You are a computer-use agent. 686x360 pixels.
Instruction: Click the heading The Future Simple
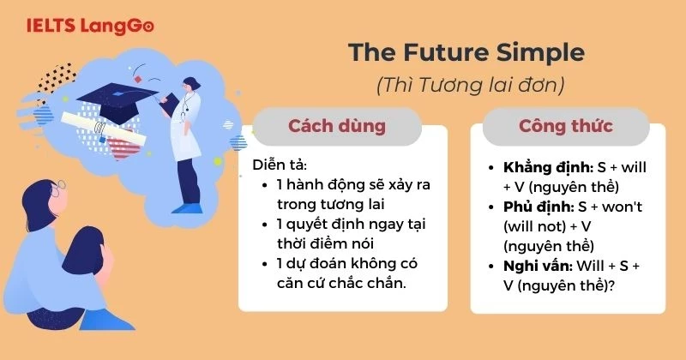click(x=466, y=53)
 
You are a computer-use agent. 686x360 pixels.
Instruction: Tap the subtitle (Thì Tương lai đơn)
click(x=466, y=86)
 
